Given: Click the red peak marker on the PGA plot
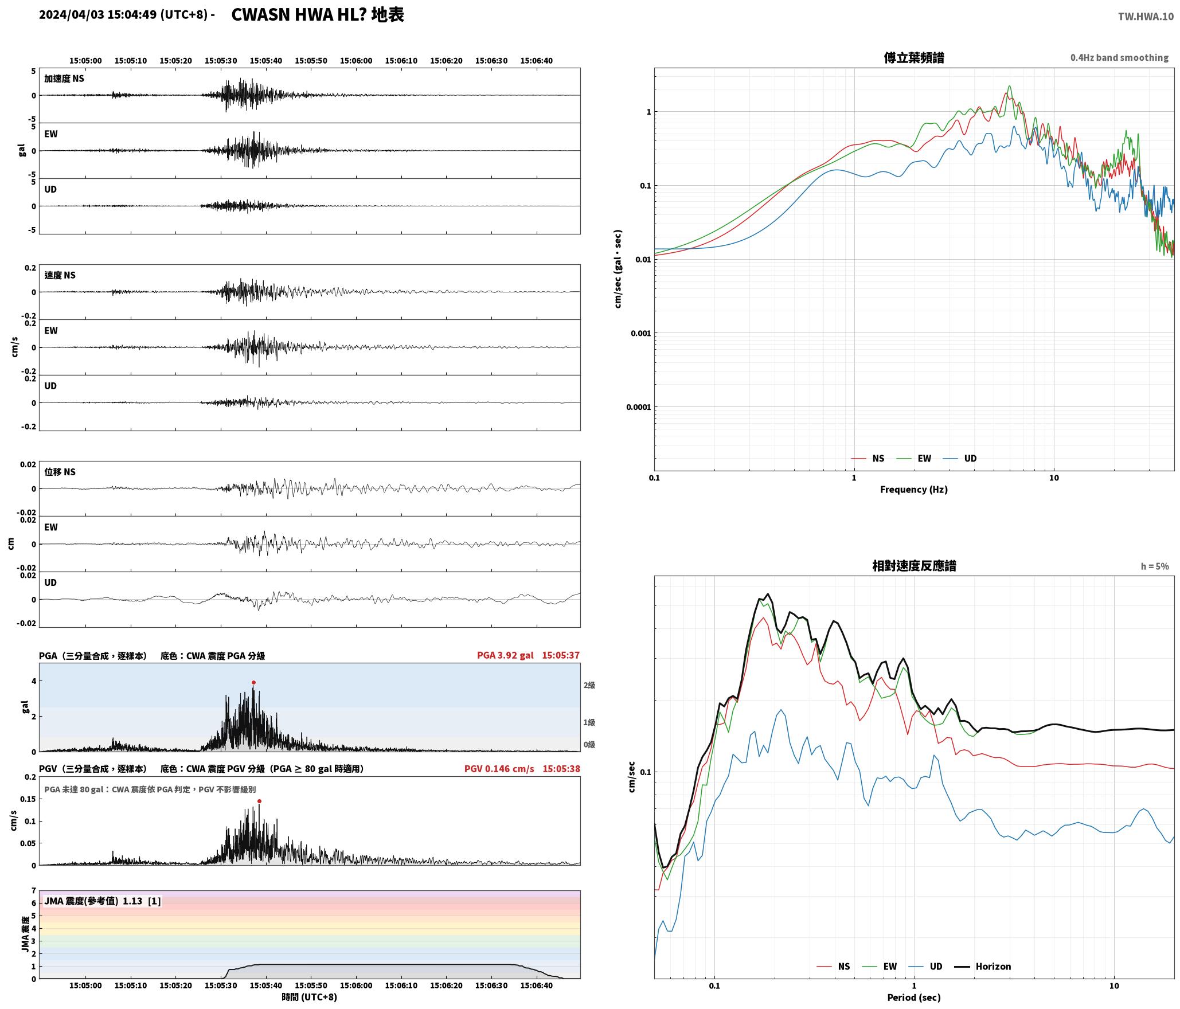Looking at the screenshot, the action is (253, 682).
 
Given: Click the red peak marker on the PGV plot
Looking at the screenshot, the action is (259, 801).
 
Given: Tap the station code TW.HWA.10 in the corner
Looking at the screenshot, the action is (1146, 16).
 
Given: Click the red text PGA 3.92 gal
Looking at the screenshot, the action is (505, 655).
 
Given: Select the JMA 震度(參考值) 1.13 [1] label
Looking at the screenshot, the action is (103, 901).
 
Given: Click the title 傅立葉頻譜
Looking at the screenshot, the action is (914, 57).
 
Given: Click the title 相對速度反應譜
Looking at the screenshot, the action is (914, 566).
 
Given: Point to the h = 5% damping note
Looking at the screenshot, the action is (1155, 566).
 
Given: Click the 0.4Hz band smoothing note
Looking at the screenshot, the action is (1119, 57).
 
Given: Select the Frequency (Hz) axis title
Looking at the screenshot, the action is (914, 489).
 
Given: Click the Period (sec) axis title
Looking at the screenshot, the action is (914, 997).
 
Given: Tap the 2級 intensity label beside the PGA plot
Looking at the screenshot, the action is (589, 685).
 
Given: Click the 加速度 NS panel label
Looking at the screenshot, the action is (64, 79).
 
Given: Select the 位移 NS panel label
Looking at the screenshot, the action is (60, 472).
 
